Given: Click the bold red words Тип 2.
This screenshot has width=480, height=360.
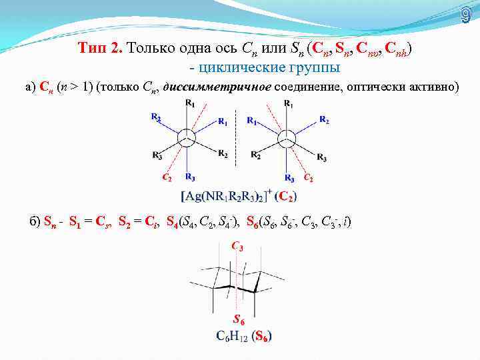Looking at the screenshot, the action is [x=99, y=48].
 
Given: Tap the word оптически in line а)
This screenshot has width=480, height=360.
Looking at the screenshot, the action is [x=375, y=86].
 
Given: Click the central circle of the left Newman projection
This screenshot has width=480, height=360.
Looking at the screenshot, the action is [x=188, y=139].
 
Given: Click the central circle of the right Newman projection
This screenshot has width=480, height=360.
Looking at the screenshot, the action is [x=287, y=139].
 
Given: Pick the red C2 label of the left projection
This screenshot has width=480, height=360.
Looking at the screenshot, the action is [x=168, y=177].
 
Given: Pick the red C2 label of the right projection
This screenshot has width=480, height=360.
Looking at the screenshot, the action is [x=308, y=177].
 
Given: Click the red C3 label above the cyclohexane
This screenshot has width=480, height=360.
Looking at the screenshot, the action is [x=237, y=247].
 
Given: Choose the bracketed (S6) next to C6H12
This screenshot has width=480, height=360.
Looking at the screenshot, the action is [x=261, y=335].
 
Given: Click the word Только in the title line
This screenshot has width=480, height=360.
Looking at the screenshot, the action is [x=152, y=48].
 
